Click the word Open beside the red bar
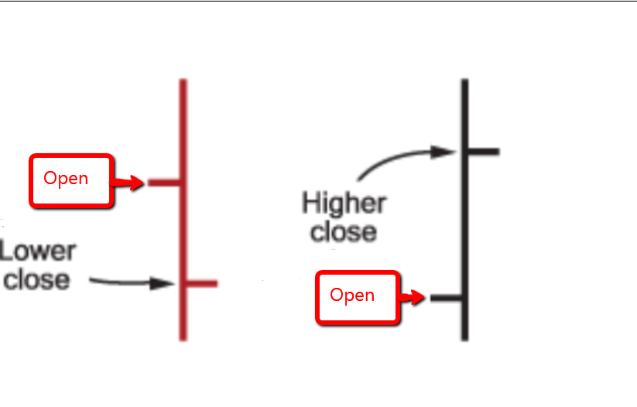[66, 179]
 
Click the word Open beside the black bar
[352, 296]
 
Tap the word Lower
[38, 251]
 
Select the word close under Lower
[36, 280]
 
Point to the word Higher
[344, 204]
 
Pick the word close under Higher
[344, 232]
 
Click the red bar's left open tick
[164, 183]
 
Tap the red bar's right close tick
[201, 283]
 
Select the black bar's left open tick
[446, 298]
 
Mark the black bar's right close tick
[484, 152]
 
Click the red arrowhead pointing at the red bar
[137, 183]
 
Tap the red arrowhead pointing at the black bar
[419, 297]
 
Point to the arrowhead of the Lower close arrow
[163, 283]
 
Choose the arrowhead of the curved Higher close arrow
[443, 152]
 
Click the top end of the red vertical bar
[183, 80]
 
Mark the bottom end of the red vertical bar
[183, 340]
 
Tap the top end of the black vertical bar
[464, 80]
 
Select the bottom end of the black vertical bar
[464, 340]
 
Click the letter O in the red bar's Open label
[50, 177]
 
